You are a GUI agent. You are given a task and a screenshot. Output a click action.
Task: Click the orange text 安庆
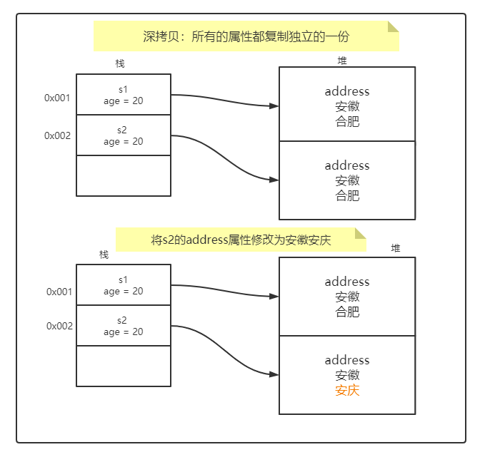[347, 391]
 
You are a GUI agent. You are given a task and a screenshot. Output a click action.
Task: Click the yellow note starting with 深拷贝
[246, 36]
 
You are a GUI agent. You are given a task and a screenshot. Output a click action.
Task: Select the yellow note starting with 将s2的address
[241, 240]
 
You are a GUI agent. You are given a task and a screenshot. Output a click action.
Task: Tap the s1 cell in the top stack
[123, 95]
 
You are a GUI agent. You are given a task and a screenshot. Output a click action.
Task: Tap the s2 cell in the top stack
[123, 135]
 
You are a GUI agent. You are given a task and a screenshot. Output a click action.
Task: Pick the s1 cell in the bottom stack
[123, 285]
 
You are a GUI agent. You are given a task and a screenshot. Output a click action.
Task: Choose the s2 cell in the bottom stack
[123, 326]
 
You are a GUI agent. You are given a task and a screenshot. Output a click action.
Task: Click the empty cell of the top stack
[123, 175]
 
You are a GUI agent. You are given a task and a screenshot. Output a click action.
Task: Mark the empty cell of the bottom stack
[123, 366]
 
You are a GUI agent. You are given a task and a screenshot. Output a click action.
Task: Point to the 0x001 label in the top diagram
[57, 98]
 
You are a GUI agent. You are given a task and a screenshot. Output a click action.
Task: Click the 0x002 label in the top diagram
[57, 135]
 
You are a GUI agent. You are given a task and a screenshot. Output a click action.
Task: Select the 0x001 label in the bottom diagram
[59, 292]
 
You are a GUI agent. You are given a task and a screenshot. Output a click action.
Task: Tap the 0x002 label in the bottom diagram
[59, 326]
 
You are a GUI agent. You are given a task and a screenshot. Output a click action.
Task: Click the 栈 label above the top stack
[120, 63]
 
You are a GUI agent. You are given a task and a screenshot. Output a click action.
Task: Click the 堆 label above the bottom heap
[396, 248]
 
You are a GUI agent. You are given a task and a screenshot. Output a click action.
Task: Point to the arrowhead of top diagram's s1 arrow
[274, 106]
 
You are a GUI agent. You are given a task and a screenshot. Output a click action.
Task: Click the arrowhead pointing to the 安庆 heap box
[274, 374]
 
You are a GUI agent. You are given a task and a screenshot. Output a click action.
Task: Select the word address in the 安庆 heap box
[347, 360]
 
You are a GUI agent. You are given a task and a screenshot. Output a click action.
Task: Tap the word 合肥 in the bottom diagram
[347, 312]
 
